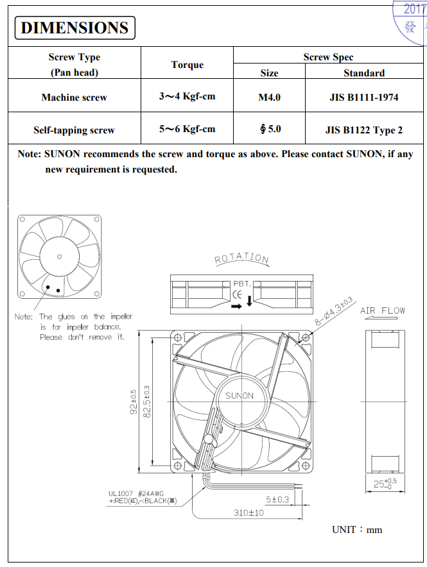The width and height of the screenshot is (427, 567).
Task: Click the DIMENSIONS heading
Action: tap(74, 28)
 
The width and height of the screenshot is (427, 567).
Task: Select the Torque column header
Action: tap(187, 65)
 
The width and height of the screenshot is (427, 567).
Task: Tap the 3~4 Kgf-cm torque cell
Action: tap(187, 97)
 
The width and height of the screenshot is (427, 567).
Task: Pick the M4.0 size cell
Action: tap(269, 97)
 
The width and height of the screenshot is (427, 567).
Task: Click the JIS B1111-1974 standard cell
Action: tap(363, 97)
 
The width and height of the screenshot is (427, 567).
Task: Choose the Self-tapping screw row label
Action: tap(74, 130)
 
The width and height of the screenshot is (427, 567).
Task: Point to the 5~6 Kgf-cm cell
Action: tap(187, 129)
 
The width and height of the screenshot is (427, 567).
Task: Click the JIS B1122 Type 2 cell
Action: tap(363, 130)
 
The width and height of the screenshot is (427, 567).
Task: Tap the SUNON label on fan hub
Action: tap(240, 396)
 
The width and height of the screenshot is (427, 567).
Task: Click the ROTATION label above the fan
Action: tap(241, 258)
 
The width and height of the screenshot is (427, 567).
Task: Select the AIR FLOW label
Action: tap(383, 311)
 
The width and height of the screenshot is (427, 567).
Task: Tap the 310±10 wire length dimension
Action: tap(249, 512)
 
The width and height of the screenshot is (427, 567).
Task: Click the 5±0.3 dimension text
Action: tap(277, 498)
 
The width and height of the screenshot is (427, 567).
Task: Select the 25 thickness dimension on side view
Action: tap(385, 483)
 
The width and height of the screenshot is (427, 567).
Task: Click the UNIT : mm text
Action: tap(357, 530)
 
